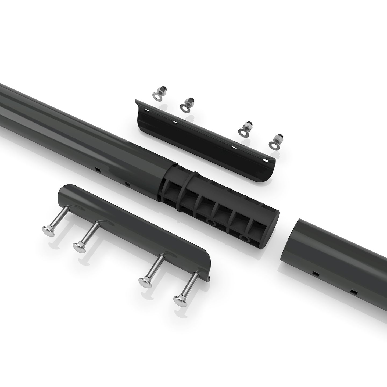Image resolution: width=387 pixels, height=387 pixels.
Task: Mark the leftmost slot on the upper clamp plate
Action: point(146,110)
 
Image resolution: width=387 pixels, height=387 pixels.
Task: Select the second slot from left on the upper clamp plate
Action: point(175,122)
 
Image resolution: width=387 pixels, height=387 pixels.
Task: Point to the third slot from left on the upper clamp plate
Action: point(234,148)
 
